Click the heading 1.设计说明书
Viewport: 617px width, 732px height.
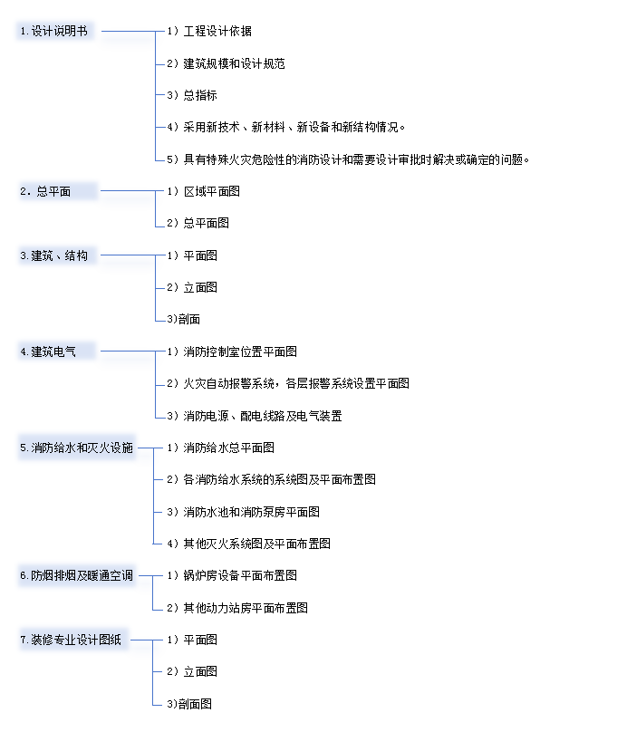54,32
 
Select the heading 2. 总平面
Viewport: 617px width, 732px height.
45,191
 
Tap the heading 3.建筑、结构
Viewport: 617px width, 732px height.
54,255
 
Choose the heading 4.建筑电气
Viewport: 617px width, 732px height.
48,352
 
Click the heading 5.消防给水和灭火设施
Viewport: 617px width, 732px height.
76,448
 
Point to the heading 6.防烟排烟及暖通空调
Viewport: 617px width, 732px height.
76,575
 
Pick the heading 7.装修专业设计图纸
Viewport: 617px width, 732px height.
71,640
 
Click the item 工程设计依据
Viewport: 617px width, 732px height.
217,32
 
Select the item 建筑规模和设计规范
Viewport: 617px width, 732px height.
235,63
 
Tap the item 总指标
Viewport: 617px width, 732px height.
200,95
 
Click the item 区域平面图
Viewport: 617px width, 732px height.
212,191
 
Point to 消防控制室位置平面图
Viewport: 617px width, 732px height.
240,352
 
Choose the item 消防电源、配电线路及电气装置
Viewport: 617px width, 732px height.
263,416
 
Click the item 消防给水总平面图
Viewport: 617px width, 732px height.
228,448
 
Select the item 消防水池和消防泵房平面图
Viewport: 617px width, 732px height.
252,512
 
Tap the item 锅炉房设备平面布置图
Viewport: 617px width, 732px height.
240,575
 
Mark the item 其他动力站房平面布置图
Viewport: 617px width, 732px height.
246,608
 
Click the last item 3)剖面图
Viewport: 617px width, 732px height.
189,704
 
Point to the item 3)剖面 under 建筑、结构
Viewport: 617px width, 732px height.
184,319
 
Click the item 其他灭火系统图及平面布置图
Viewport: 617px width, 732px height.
257,544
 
